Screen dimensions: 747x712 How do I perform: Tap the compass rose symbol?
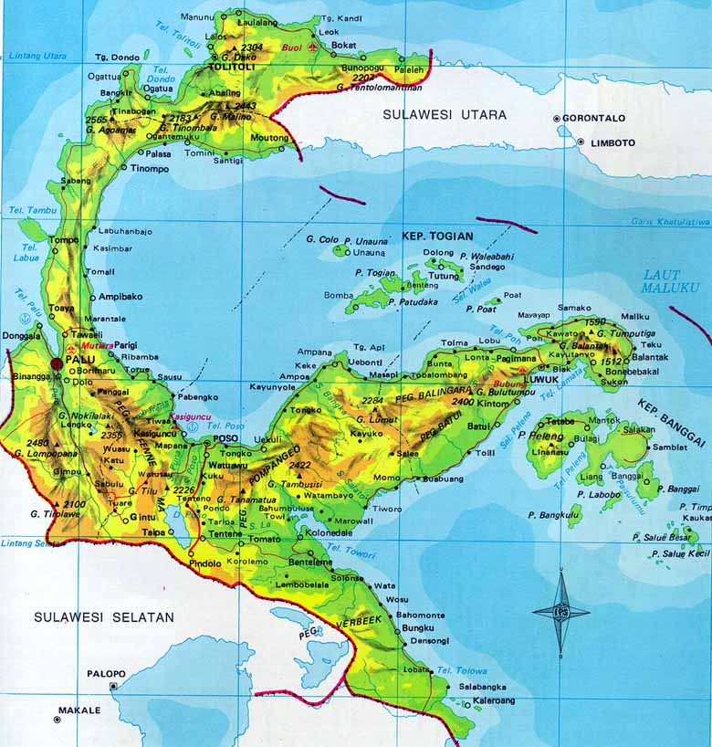pos(560,612)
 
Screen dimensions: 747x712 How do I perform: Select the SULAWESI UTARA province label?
pos(445,115)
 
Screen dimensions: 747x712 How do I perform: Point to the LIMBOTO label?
pos(611,142)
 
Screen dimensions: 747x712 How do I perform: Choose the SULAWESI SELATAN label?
pos(104,617)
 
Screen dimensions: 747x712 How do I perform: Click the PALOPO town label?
pos(106,673)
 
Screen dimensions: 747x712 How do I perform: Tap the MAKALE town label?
pos(79,709)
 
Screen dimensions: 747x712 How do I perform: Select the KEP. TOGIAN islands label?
pos(438,237)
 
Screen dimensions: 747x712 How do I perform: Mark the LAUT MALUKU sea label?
pos(670,280)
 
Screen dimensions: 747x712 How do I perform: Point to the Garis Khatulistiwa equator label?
pos(670,222)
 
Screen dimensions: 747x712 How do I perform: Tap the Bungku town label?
pos(418,628)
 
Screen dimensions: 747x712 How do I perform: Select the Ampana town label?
pos(315,352)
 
